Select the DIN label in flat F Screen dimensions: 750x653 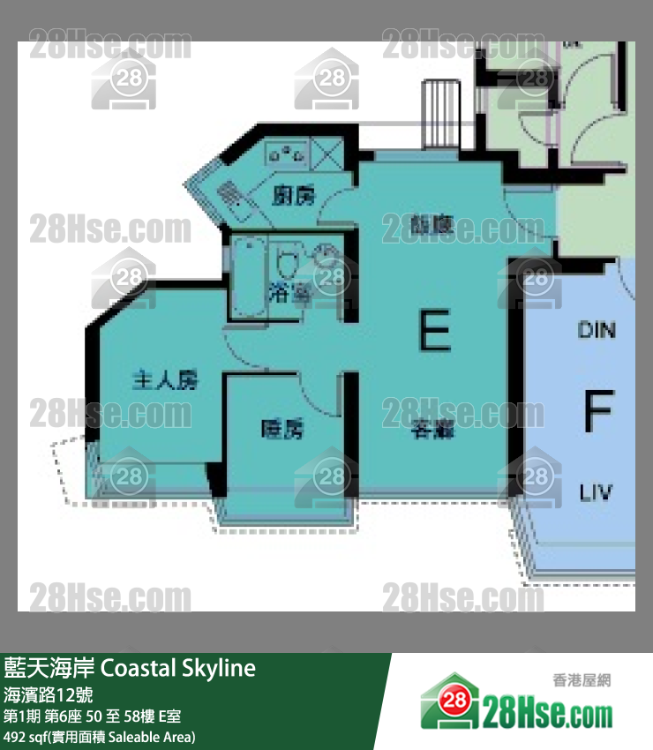tap(597, 330)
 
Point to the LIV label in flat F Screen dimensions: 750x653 tap(597, 492)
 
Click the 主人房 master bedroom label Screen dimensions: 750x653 tap(164, 381)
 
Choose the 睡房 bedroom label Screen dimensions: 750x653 tap(282, 430)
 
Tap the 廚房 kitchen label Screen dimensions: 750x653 tap(294, 196)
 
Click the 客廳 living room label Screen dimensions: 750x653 tap(432, 431)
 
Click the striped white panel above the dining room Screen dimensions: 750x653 tap(437, 115)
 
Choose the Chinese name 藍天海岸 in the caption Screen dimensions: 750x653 tap(49, 668)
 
